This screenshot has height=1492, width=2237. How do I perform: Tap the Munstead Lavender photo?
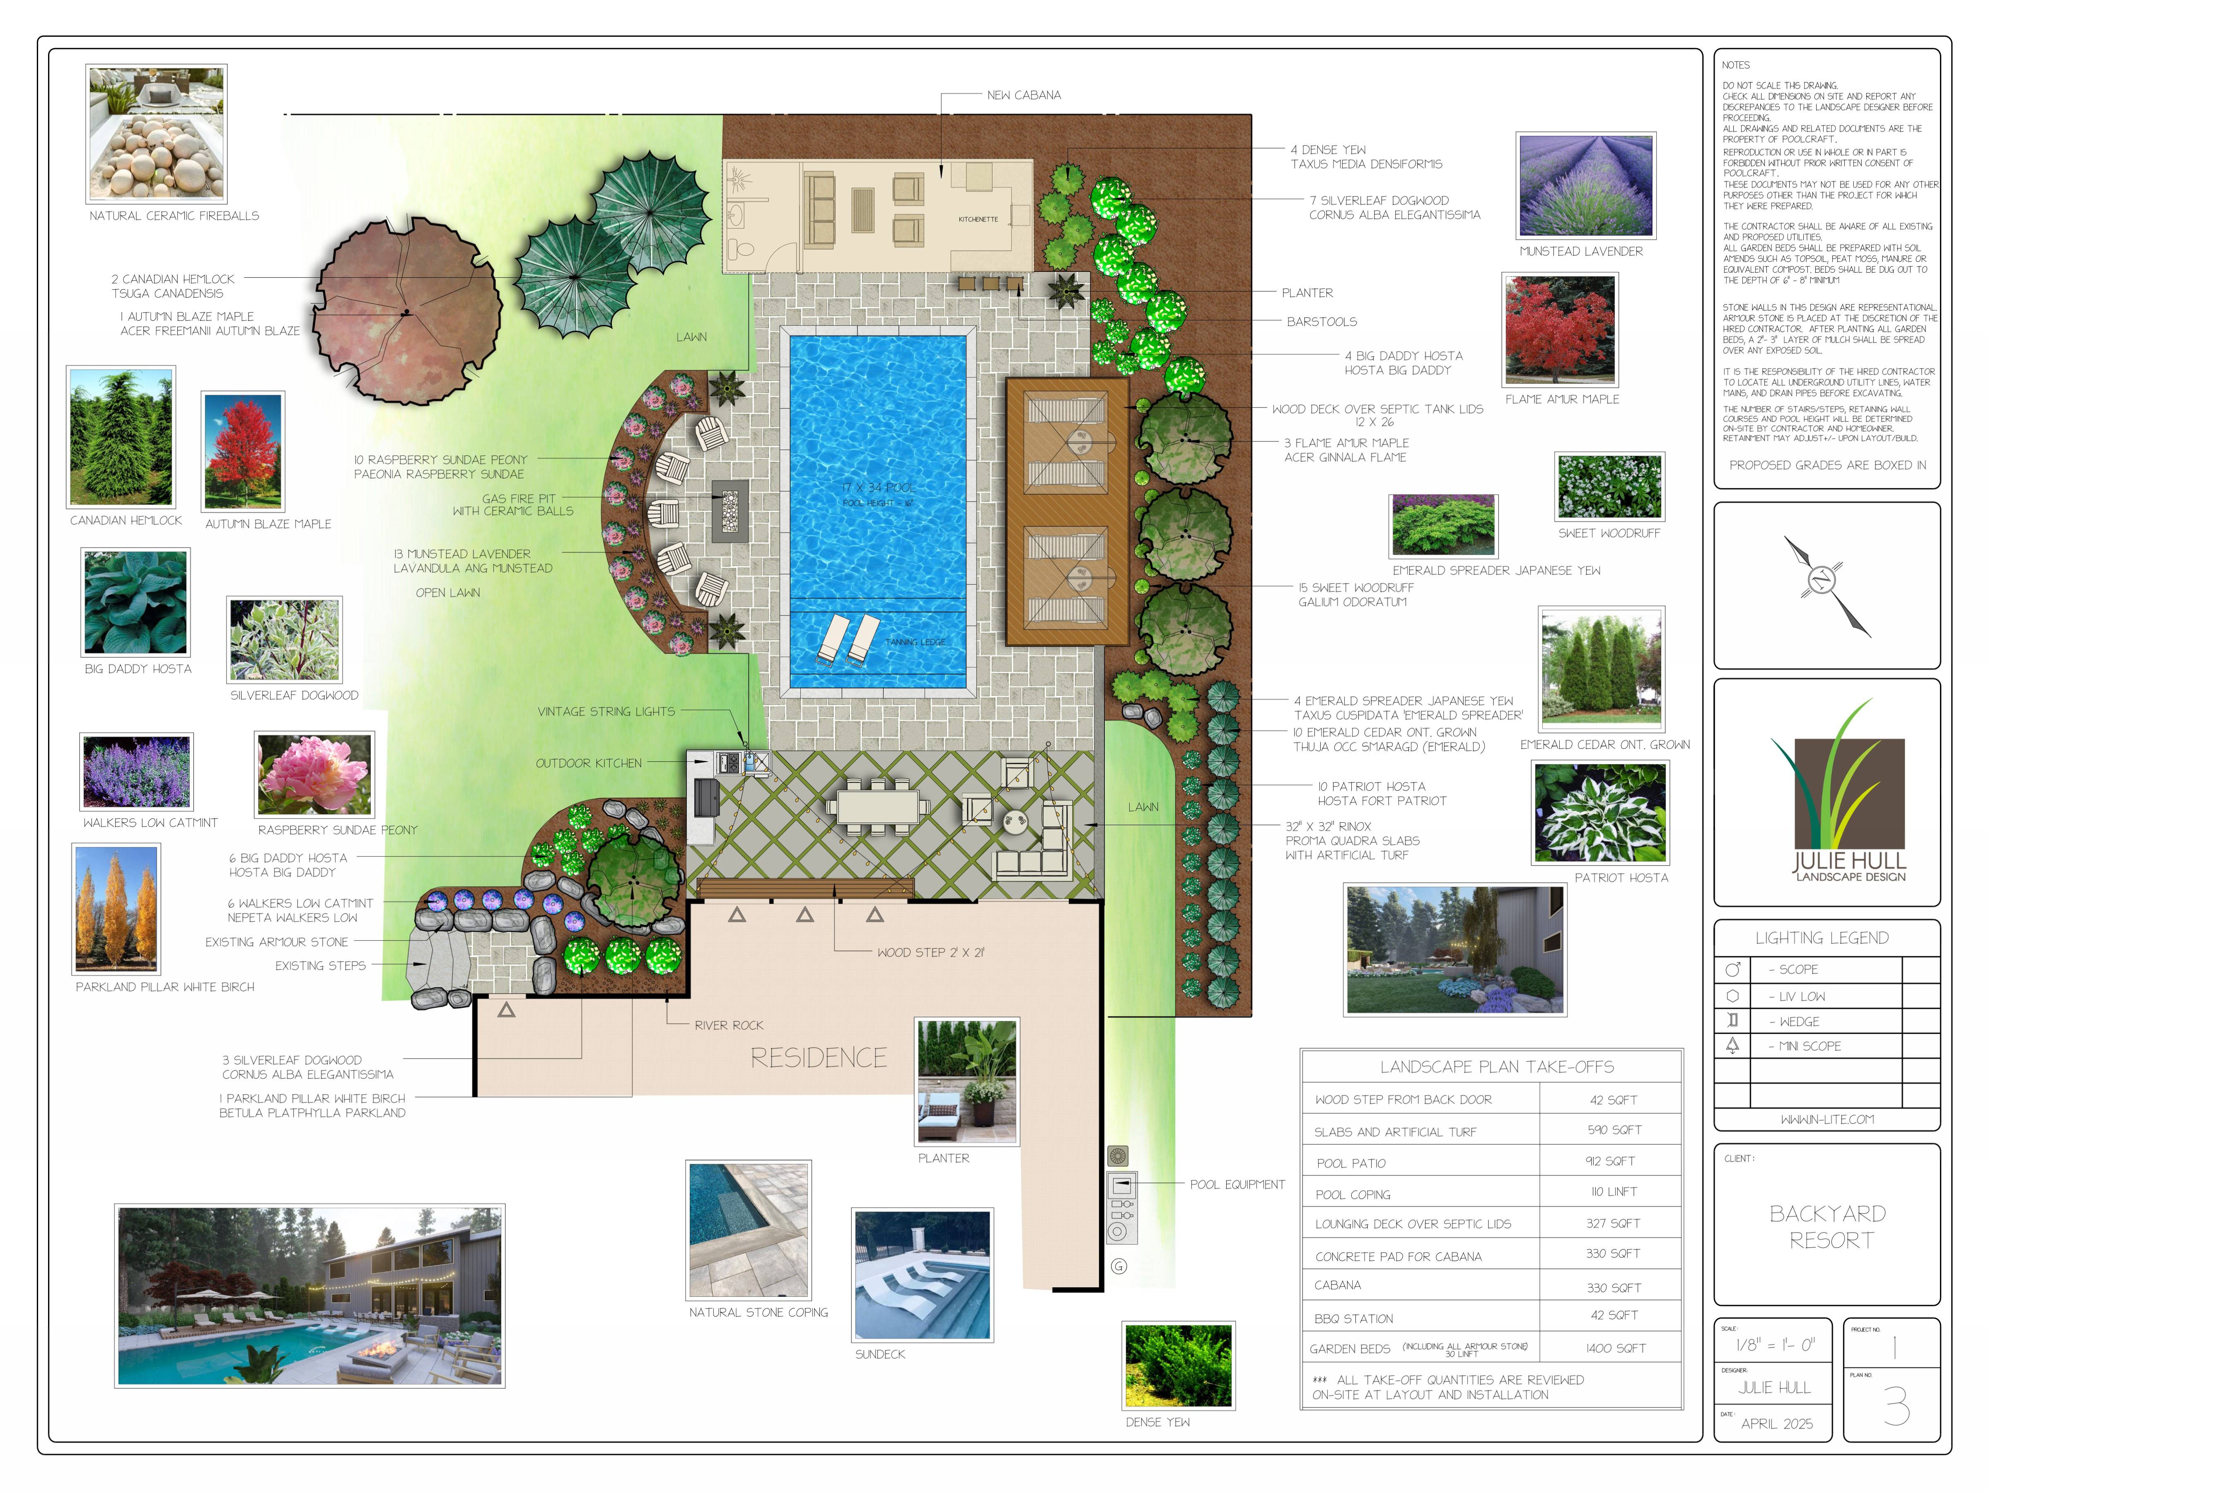click(1585, 186)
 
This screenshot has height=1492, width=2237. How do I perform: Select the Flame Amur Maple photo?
click(1560, 329)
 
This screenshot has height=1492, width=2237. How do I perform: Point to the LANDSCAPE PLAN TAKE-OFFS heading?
click(1496, 1067)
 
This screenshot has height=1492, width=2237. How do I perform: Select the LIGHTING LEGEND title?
click(1821, 938)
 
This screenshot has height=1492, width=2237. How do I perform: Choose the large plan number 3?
click(1896, 1405)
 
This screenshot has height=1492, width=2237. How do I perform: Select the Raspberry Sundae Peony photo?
click(315, 774)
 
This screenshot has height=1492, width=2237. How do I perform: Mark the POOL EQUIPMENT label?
click(1237, 1184)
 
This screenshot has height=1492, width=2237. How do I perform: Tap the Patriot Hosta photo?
click(1601, 814)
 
